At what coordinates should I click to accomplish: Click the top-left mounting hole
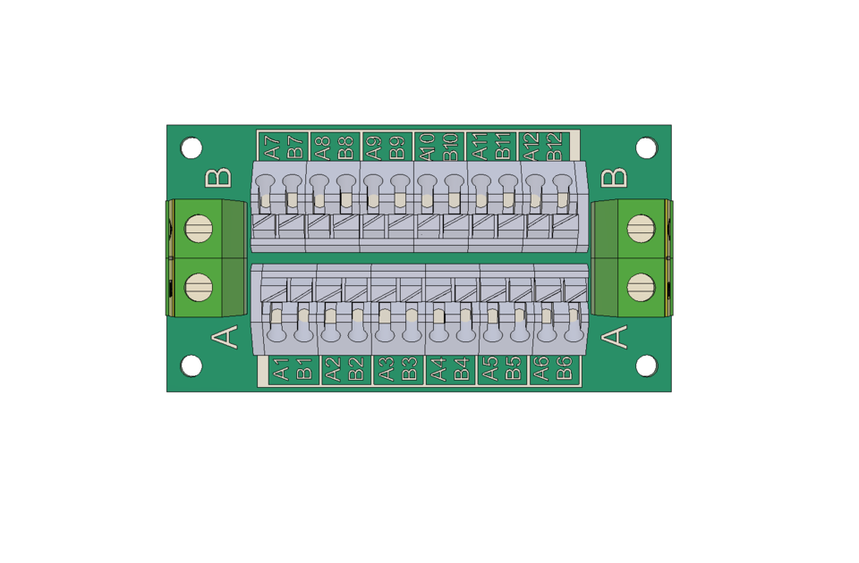(x=191, y=147)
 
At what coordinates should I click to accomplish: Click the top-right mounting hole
(x=646, y=147)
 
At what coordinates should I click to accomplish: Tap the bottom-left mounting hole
(x=191, y=366)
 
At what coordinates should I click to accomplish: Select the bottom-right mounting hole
(x=646, y=366)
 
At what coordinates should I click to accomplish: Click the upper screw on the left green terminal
(x=199, y=229)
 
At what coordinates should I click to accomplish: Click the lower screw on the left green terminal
(x=199, y=287)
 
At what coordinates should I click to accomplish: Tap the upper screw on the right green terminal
(x=641, y=229)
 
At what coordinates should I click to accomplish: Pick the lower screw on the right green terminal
(x=641, y=287)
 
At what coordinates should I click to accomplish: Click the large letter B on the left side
(x=218, y=178)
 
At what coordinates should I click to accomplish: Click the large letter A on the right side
(x=614, y=337)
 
